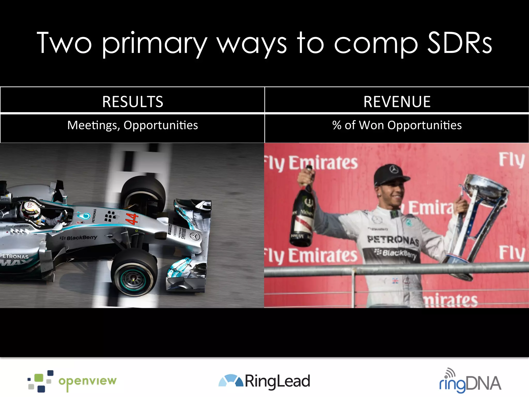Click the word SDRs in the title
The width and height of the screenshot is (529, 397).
coord(460,43)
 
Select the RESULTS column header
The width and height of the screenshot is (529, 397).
coord(133,101)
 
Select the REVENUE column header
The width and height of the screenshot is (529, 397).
coord(397,101)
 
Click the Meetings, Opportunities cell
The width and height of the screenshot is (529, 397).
coord(133,125)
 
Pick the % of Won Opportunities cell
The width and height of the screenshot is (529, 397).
coord(397,125)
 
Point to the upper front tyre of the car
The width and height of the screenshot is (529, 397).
coord(143,193)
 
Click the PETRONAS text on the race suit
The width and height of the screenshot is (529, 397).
coord(393,240)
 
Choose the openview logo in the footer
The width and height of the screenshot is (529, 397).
coord(72,381)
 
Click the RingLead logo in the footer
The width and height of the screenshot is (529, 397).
coord(264,381)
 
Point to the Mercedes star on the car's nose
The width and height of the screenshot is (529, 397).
coord(195,236)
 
